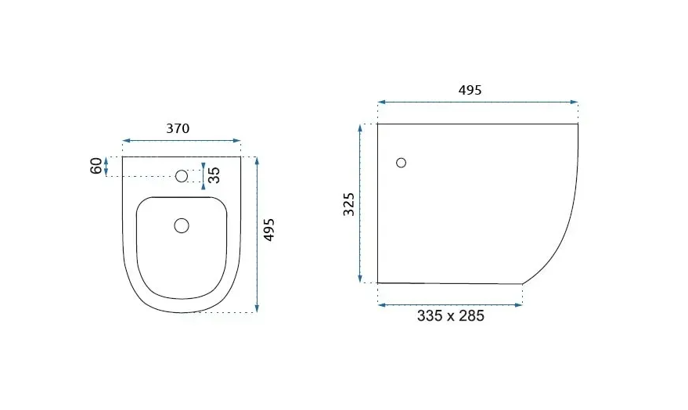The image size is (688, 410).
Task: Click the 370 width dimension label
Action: pos(178,128)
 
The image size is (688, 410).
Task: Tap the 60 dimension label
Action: pos(96,166)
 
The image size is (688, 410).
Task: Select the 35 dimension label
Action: pos(214,175)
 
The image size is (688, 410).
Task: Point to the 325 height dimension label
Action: pos(349,204)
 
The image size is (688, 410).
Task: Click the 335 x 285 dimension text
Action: pos(451,316)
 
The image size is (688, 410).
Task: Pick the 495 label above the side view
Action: pos(470,90)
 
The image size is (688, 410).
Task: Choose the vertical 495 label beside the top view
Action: pos(268,229)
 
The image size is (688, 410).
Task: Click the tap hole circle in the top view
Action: pos(182,176)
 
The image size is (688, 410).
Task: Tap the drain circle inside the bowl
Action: pos(182,226)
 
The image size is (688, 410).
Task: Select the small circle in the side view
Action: pos(401,163)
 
